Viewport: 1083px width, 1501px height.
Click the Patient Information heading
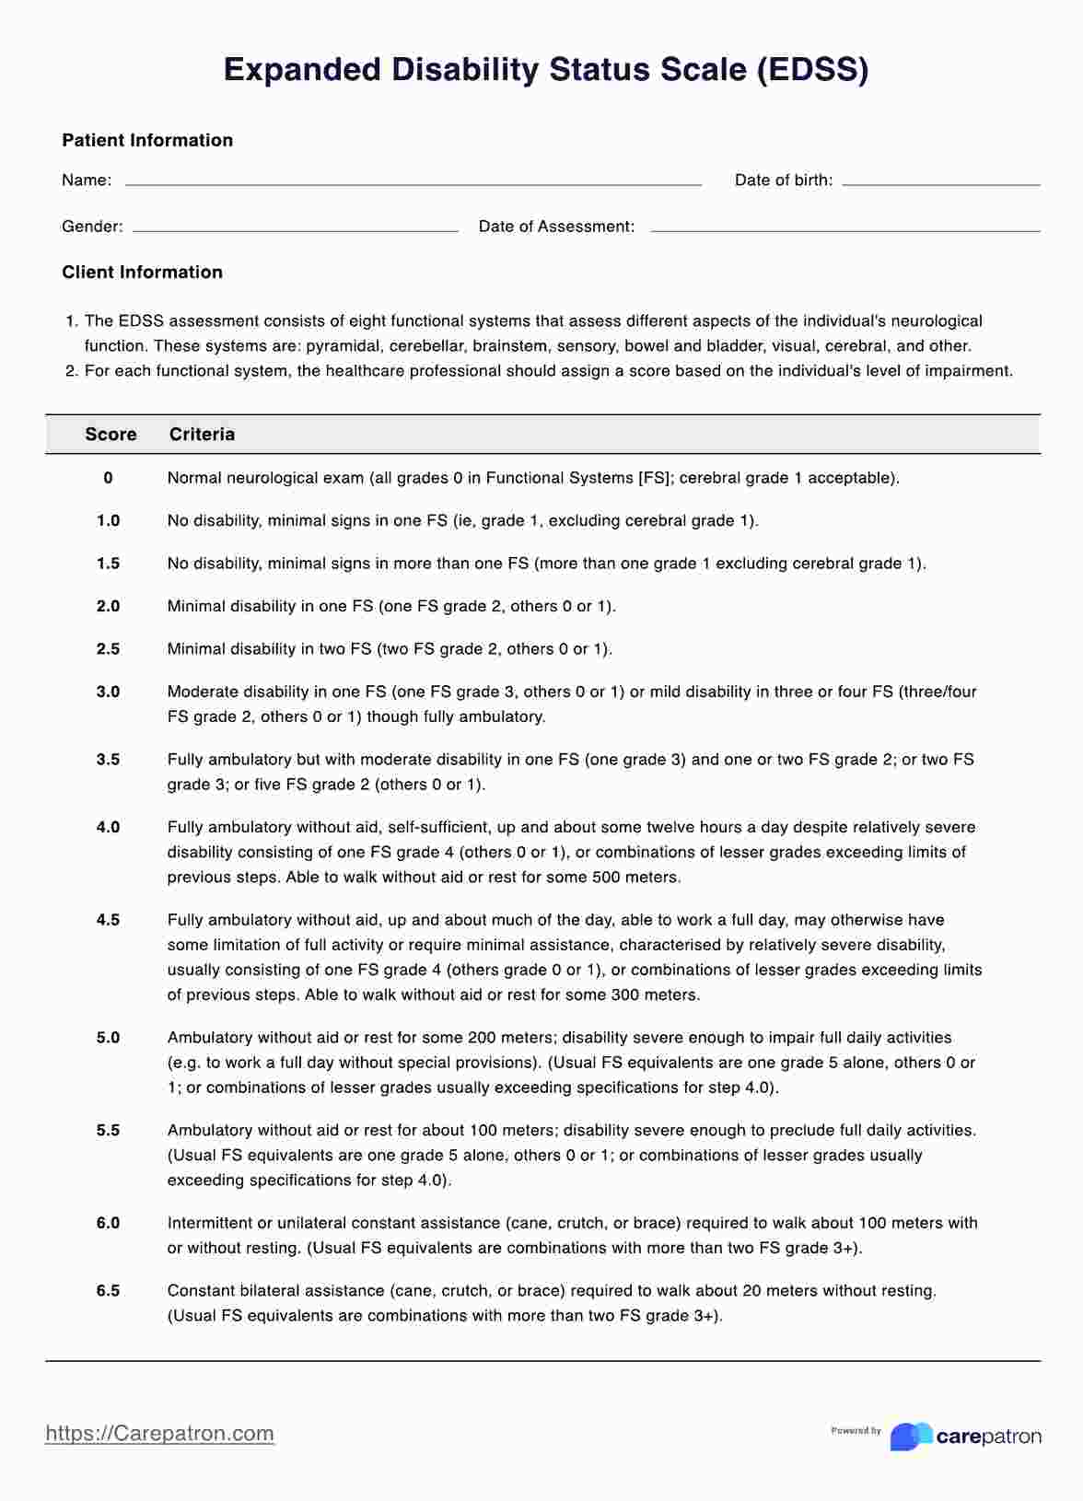147,140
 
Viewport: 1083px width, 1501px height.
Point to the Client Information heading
142,272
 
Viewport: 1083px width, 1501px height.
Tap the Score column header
111,434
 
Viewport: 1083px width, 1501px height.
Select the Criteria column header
202,434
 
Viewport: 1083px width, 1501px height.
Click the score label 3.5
108,760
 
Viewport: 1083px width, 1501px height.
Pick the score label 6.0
108,1223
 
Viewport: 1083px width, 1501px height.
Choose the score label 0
108,478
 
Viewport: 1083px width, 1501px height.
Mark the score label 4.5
108,920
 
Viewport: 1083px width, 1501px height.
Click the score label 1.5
108,564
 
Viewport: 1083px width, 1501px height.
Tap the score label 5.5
108,1130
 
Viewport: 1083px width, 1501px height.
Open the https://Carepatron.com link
159,1433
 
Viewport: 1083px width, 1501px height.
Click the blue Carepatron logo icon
910,1436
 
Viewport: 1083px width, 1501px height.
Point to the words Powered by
856,1430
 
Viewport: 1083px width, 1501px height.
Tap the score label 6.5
108,1291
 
